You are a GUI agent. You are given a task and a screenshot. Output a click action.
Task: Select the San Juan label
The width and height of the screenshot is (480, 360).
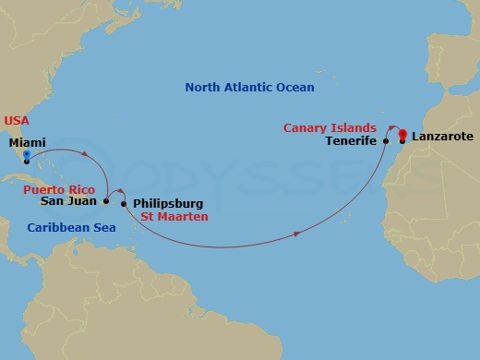pos(69,199)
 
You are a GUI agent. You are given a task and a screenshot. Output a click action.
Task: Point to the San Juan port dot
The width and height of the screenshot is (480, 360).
pos(106,200)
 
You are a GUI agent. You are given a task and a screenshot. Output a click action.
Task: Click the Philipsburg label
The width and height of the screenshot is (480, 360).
pos(168,203)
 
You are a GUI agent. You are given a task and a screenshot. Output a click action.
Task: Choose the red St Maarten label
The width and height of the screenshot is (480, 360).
pos(174,217)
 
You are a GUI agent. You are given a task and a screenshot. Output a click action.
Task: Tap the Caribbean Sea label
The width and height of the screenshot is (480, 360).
pos(71,227)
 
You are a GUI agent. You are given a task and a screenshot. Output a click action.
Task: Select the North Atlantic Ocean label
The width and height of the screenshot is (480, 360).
pos(249,88)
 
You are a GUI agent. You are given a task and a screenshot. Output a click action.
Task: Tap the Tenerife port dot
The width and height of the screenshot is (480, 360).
pos(386,141)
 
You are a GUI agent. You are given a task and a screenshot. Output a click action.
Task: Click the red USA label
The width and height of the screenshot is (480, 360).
pos(17,120)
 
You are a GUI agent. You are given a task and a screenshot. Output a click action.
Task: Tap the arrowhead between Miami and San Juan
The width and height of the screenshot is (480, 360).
pos(86,153)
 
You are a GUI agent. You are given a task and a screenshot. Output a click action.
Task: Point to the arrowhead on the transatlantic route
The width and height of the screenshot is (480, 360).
pos(295,234)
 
